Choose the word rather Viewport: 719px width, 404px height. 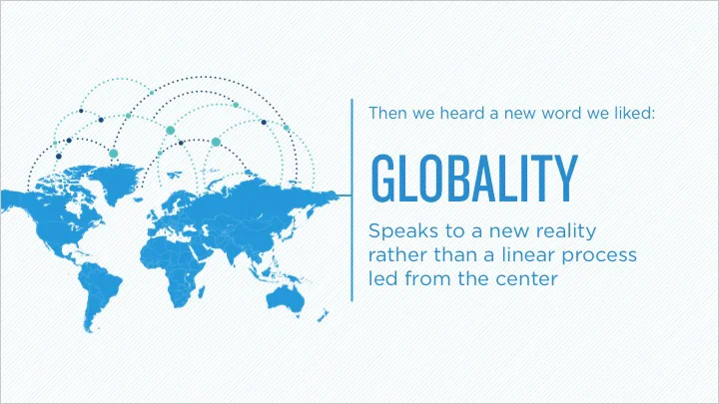click(395, 255)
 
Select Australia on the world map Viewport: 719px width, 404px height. click(292, 296)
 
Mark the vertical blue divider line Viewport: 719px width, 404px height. click(354, 200)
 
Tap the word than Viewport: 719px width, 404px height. click(448, 255)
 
